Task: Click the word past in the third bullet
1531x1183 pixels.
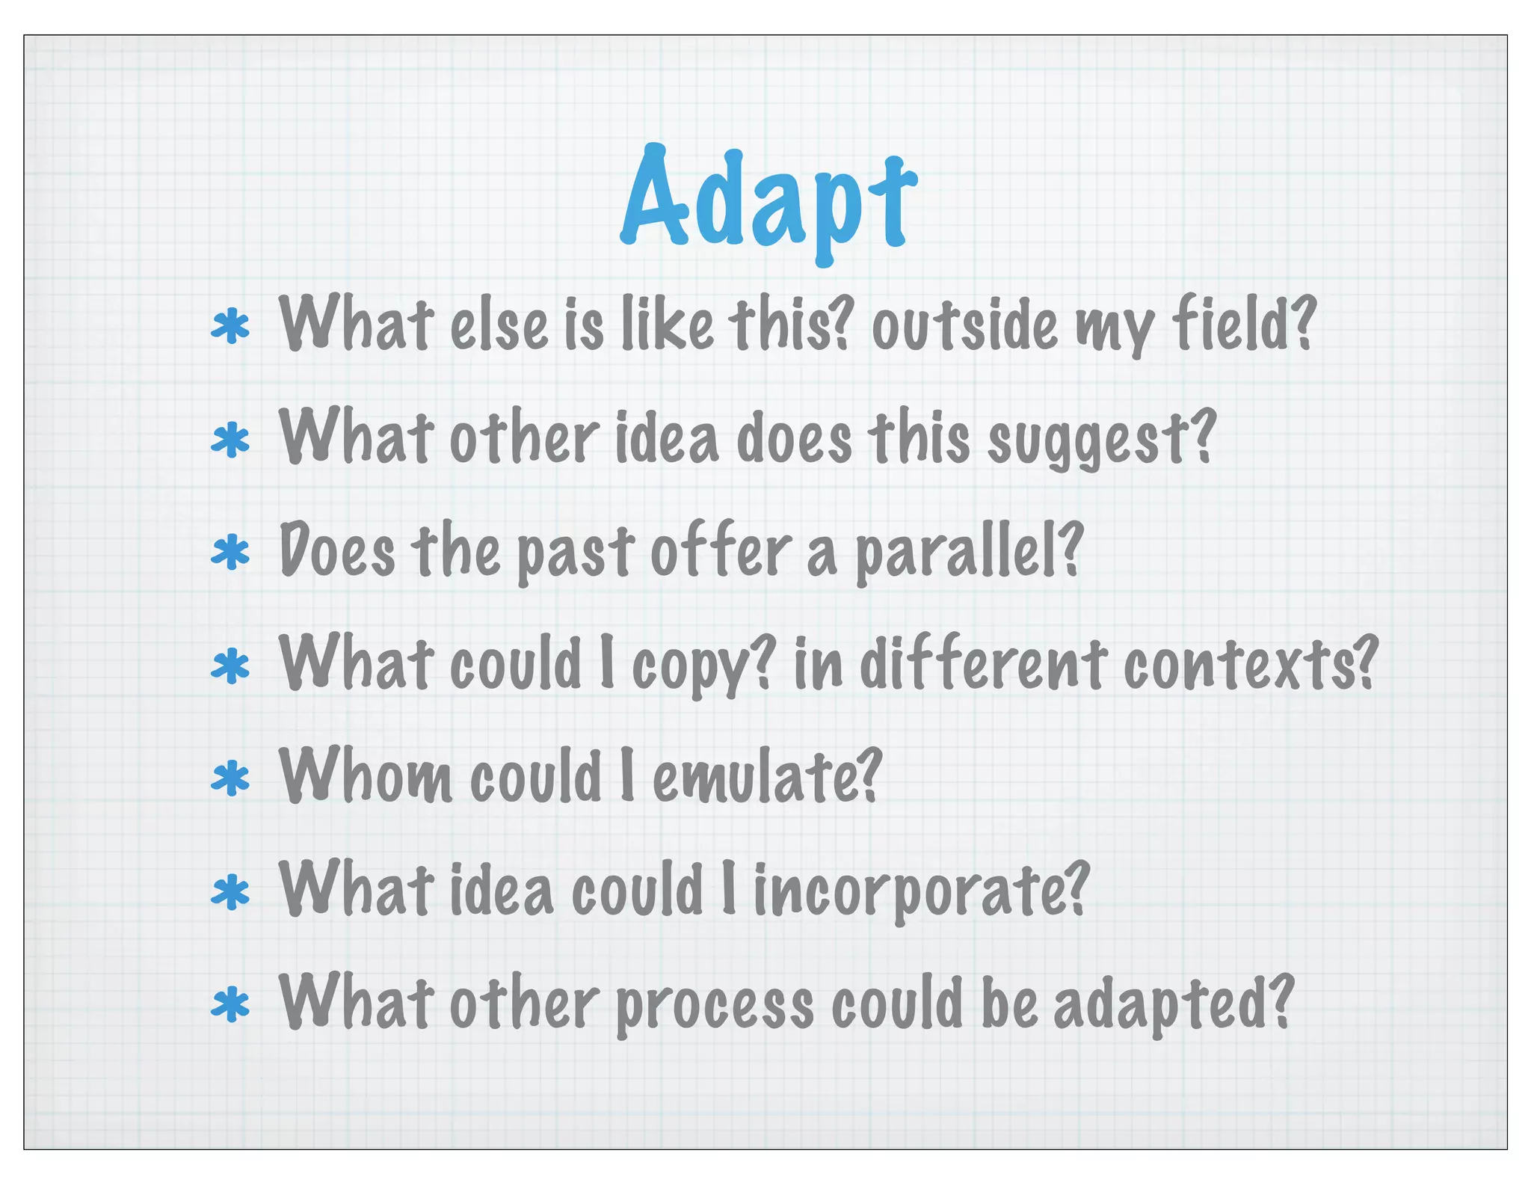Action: (576, 553)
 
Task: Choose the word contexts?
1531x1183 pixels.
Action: (1250, 666)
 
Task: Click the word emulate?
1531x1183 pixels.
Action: (767, 778)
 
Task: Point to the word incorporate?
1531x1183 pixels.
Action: (921, 891)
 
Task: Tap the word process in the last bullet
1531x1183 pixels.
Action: (715, 1006)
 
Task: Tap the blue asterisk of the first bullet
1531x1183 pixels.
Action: (230, 327)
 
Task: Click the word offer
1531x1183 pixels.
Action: (720, 552)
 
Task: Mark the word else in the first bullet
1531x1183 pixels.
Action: (499, 327)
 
